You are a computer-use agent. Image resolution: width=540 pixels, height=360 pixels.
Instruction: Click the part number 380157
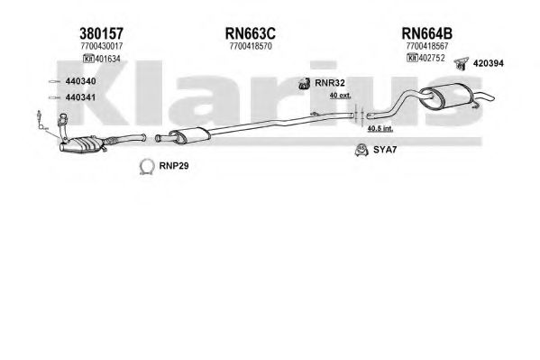[101, 33]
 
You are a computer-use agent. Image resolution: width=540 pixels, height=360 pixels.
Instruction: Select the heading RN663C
[251, 33]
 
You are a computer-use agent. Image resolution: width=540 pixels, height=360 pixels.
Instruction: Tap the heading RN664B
[427, 33]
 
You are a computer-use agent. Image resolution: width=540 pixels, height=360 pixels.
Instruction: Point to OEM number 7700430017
[102, 46]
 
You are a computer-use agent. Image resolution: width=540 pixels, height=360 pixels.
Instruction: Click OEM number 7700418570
[251, 46]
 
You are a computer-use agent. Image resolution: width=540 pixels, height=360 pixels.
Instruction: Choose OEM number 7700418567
[427, 46]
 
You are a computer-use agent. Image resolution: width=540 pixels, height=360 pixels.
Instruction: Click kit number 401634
[107, 59]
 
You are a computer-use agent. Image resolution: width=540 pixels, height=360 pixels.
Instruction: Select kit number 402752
[432, 58]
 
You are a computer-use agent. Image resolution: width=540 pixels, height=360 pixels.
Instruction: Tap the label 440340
[80, 81]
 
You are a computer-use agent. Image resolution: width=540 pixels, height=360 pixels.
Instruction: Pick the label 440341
[80, 97]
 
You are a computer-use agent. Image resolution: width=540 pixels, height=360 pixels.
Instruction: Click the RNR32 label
[330, 83]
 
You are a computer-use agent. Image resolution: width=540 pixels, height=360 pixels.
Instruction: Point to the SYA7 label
[385, 150]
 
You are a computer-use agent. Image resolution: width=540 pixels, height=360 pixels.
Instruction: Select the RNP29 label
[174, 166]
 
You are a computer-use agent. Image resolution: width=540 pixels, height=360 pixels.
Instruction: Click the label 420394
[489, 63]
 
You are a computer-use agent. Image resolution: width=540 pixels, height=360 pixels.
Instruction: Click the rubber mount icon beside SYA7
[362, 150]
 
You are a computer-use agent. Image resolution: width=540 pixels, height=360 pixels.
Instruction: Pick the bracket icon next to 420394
[462, 63]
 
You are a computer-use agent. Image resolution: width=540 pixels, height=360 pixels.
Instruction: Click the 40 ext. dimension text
[340, 95]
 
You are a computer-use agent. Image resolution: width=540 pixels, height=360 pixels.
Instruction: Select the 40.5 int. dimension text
[380, 129]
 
